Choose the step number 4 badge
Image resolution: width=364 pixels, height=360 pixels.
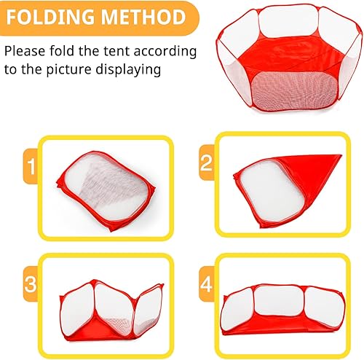206,281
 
